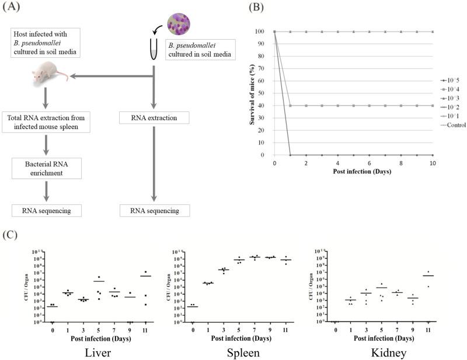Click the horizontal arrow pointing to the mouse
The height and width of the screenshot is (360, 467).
[x=111, y=75]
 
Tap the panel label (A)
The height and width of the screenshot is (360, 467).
[x=15, y=8]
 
